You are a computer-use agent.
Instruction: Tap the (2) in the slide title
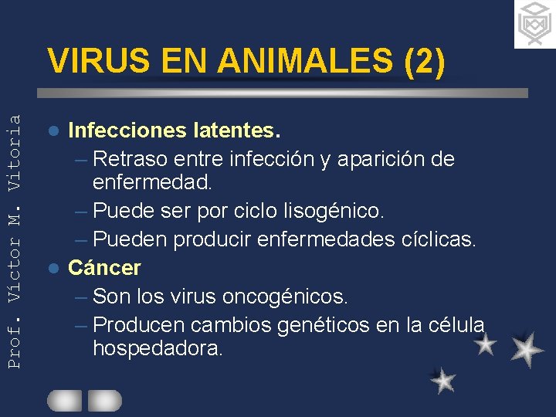pos(424,62)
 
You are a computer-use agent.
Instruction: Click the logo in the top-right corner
pos(534,24)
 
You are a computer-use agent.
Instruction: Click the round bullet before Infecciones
pos(53,131)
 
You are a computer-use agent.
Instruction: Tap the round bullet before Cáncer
pos(53,269)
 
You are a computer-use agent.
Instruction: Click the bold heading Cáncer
pos(105,268)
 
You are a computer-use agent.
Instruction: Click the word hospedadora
pos(158,348)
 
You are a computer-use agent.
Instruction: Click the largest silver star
pos(527,349)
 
